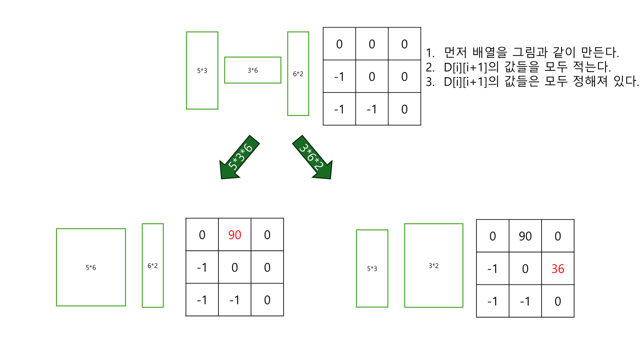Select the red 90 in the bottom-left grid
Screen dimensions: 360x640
click(235, 235)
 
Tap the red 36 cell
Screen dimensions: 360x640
click(558, 269)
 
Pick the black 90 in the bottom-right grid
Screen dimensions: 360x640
click(525, 236)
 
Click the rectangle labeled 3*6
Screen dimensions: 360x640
click(253, 70)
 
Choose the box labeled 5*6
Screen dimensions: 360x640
click(91, 267)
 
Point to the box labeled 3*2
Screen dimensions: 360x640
click(434, 266)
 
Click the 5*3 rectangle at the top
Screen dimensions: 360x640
click(202, 70)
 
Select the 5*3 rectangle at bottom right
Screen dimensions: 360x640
click(372, 268)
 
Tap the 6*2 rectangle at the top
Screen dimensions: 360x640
click(298, 74)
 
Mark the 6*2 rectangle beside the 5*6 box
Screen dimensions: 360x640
click(153, 266)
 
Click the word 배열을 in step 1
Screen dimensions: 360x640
click(490, 52)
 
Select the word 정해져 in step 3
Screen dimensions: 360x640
click(590, 81)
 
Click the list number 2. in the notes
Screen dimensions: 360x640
click(430, 67)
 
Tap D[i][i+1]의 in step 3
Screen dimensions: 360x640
click(471, 82)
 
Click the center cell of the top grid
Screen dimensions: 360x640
click(372, 76)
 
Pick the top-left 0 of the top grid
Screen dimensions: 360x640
click(339, 44)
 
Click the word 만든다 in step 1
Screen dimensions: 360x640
click(599, 52)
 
